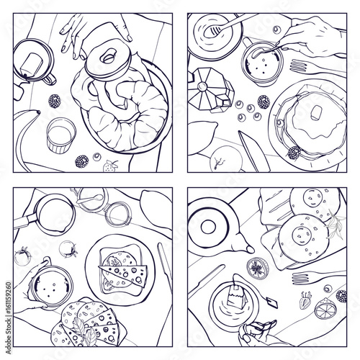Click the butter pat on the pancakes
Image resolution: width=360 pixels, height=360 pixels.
tap(317, 112)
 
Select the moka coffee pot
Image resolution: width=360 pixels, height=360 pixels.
tap(210, 90)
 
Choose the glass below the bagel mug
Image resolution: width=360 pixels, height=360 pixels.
tap(61, 135)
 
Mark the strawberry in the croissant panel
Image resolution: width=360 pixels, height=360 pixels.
tap(110, 166)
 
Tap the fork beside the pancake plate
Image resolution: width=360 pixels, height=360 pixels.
tap(317, 68)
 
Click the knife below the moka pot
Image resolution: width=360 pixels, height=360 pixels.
tap(254, 151)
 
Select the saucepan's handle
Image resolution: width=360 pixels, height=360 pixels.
tap(24, 221)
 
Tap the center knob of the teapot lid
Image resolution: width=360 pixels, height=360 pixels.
tap(208, 227)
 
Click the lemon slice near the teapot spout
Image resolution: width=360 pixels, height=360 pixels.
tap(258, 269)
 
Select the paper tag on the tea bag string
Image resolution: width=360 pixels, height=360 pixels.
tap(272, 303)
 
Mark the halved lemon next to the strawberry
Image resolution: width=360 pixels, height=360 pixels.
tap(325, 308)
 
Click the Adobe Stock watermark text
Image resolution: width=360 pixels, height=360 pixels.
tap(9, 318)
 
